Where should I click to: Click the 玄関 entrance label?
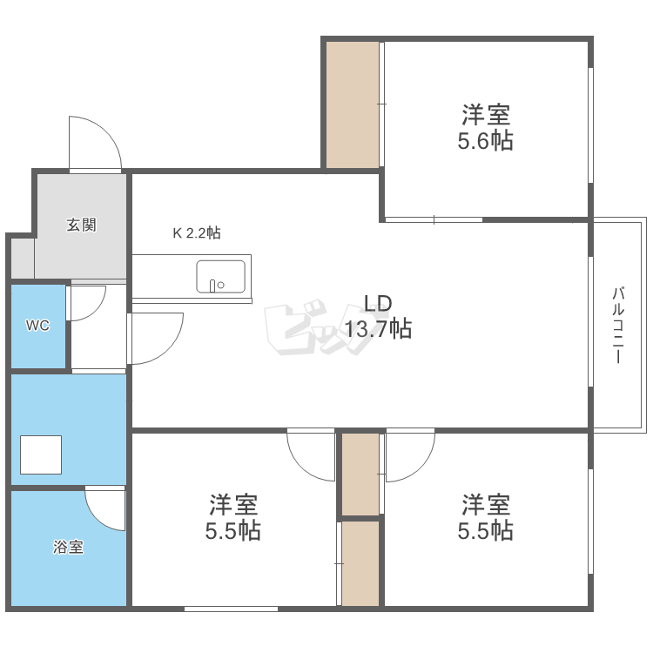(x=81, y=225)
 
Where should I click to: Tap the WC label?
(x=38, y=326)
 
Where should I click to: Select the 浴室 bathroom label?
(x=68, y=547)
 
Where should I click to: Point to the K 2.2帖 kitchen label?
(x=197, y=232)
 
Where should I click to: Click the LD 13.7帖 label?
(x=378, y=317)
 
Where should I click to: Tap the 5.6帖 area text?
(x=485, y=141)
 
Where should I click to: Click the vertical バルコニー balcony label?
(x=618, y=325)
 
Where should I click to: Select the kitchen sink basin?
(x=221, y=277)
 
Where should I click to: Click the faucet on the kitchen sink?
(x=212, y=286)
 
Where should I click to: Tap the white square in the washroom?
(x=41, y=454)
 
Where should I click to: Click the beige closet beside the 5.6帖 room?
(x=353, y=105)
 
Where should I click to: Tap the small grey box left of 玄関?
(x=23, y=259)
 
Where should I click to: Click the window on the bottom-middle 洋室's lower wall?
(x=231, y=609)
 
